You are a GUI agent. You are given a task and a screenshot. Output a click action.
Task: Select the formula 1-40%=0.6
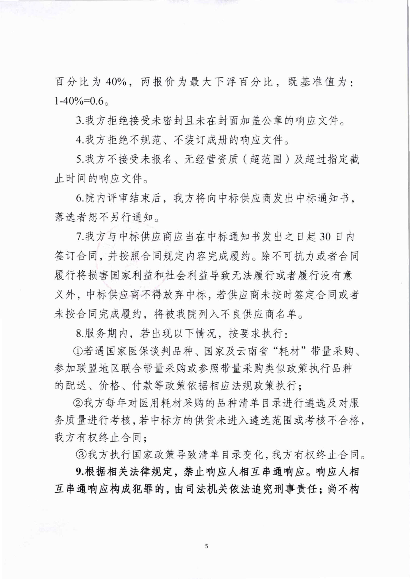[x=79, y=101]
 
